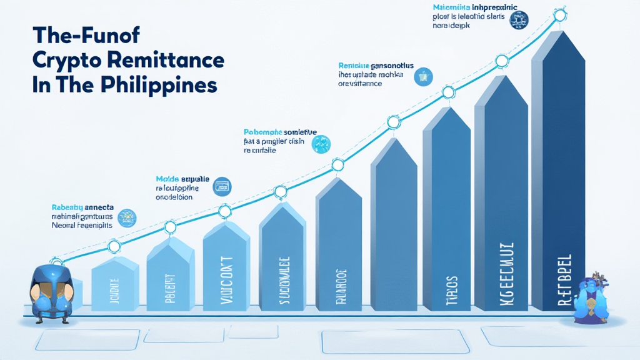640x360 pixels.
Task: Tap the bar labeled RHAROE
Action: click(338, 250)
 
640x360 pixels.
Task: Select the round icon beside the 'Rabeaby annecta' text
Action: click(127, 217)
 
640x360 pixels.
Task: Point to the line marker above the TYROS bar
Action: click(448, 92)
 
